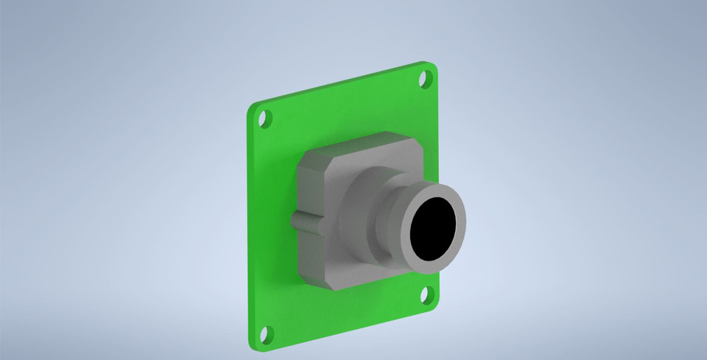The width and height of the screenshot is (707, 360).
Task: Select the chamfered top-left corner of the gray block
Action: (305, 161)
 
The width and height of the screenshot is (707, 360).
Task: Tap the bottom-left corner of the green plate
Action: (253, 342)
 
